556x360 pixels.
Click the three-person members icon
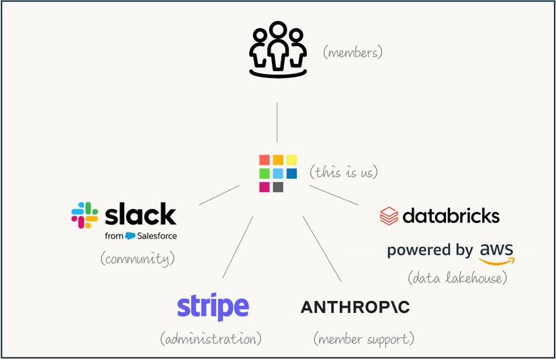[x=277, y=49]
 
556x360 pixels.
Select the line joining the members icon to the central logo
[x=277, y=122]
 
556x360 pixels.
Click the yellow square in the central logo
[x=291, y=160]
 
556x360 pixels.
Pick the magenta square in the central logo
[x=265, y=187]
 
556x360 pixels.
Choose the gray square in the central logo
[x=278, y=187]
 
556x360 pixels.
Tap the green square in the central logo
[x=265, y=173]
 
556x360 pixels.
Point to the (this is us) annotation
[x=344, y=172]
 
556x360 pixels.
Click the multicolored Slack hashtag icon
[x=85, y=215]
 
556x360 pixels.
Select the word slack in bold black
[x=141, y=214]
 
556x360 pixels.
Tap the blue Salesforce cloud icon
[x=130, y=236]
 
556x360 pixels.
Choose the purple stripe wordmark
[x=213, y=307]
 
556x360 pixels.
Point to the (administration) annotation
[x=210, y=339]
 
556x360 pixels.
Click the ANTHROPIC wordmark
[x=355, y=308]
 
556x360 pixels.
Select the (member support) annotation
[x=363, y=339]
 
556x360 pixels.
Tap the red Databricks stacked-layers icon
[x=389, y=216]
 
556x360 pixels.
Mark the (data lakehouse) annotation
[x=457, y=277]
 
